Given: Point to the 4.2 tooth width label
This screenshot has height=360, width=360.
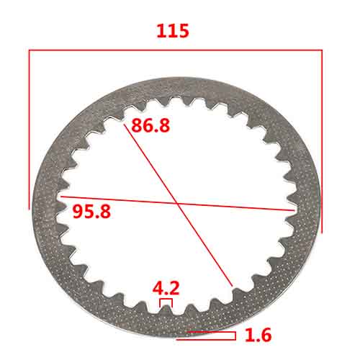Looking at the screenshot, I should click(x=166, y=288).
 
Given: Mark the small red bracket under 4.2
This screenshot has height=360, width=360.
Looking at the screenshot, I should click(x=166, y=303).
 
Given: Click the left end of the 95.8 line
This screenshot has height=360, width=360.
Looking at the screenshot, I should click(x=60, y=196).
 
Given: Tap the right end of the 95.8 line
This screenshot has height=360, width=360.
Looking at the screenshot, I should click(x=297, y=210).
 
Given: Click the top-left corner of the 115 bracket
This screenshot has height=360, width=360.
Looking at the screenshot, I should click(x=29, y=50).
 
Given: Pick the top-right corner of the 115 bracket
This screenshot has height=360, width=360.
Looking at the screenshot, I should click(x=321, y=50).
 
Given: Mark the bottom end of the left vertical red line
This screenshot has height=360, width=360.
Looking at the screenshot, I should click(x=29, y=209).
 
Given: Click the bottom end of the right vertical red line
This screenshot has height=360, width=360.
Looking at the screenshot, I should click(x=321, y=233).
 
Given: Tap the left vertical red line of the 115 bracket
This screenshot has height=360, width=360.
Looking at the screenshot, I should click(x=29, y=130).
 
